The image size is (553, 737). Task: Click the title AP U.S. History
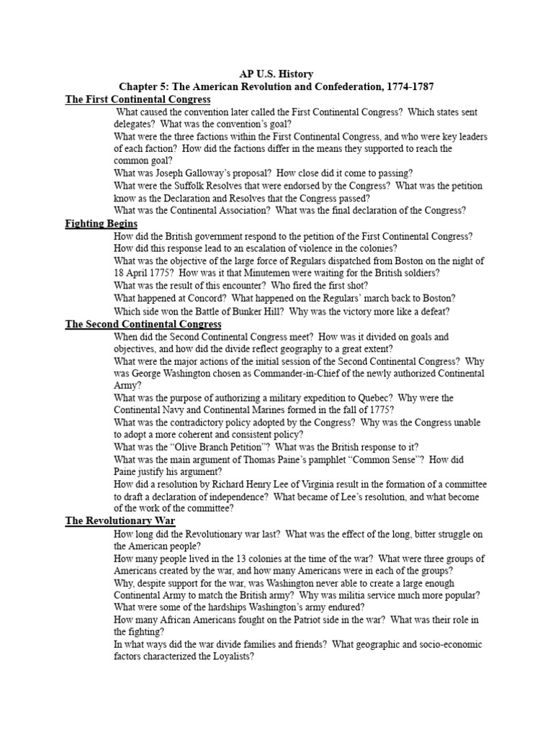[x=276, y=73]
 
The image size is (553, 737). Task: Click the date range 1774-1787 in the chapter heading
[x=404, y=86]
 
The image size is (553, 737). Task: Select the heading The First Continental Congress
[x=138, y=99]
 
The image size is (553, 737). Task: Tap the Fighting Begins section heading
[x=101, y=224]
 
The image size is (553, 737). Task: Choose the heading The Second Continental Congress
[x=143, y=324]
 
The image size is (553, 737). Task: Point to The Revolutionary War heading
[x=120, y=520]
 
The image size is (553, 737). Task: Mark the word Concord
[x=207, y=299]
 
